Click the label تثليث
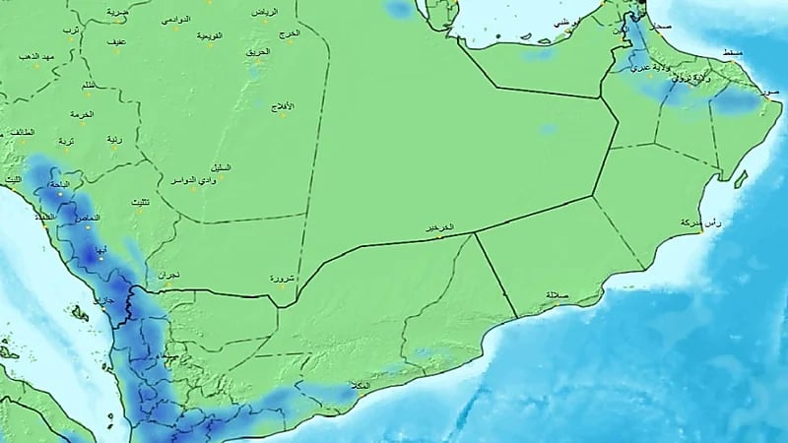[141, 203]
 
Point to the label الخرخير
[439, 227]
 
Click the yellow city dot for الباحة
[60, 193]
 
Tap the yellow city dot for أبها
[99, 257]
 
